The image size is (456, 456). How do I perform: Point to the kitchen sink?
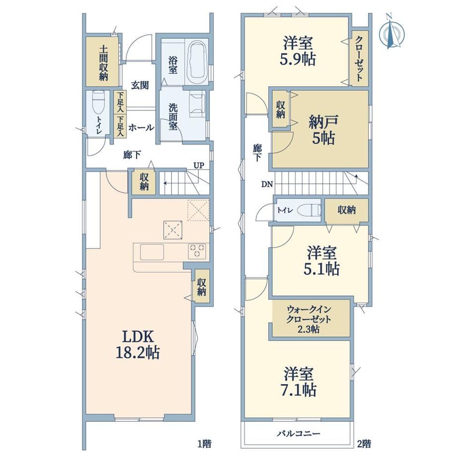tap(152, 252)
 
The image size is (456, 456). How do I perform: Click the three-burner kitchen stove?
tap(197, 251)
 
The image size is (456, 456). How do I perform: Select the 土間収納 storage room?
tap(102, 61)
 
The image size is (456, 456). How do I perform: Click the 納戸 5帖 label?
tap(323, 129)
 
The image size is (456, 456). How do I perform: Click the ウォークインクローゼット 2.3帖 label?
tap(309, 319)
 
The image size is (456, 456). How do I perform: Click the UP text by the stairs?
tap(199, 166)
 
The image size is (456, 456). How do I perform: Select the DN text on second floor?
tap(267, 184)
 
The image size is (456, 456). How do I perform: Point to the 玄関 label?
tap(140, 85)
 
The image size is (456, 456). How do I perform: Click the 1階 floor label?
tap(204, 444)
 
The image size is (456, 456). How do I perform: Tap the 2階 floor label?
tap(364, 444)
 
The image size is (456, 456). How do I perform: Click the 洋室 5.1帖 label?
tap(322, 261)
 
